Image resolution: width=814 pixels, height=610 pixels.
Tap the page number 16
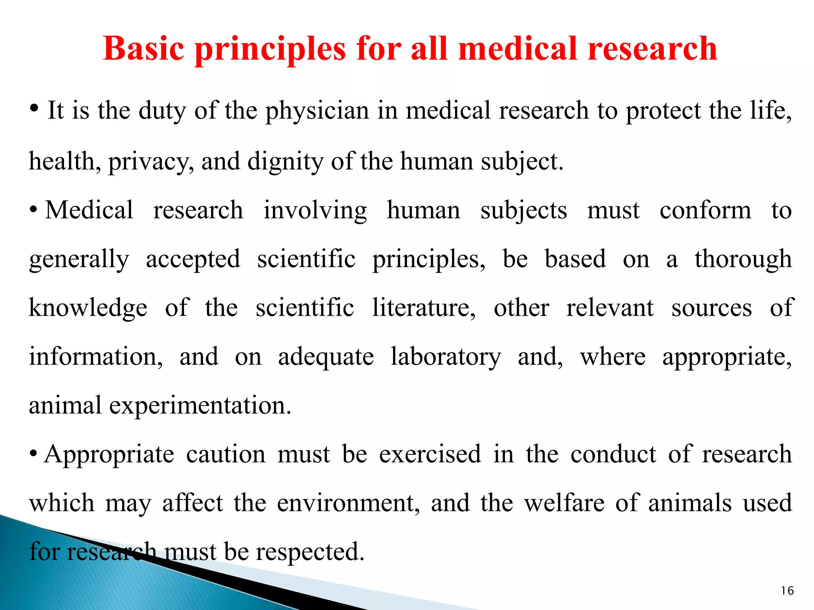(787, 591)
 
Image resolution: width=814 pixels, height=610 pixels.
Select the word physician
(317, 111)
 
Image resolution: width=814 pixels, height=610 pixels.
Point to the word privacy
(151, 162)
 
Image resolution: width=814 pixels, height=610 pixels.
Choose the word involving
(315, 211)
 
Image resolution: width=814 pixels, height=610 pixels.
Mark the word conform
(705, 210)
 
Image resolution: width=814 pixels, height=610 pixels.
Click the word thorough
(743, 260)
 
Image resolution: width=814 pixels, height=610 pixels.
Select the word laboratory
(446, 357)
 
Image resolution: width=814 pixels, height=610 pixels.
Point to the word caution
(226, 454)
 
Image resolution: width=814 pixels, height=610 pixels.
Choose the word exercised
(430, 454)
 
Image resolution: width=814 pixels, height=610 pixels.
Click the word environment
(348, 503)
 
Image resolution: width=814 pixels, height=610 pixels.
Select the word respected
(310, 552)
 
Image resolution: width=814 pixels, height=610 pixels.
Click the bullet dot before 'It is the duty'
(35, 108)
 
